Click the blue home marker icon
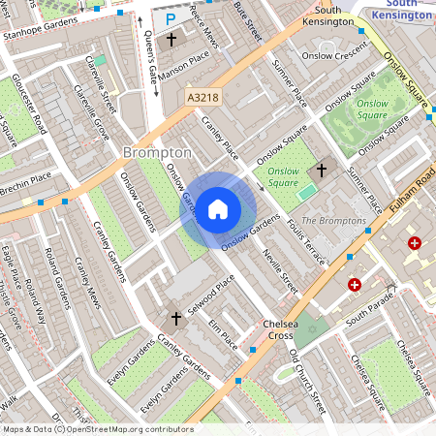pos(218,208)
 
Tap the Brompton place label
pos(158,153)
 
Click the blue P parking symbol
pos(171,18)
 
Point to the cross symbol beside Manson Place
pos(171,41)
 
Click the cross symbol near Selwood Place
pos(176,318)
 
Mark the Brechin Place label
pos(26,179)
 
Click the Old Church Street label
pos(308,383)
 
